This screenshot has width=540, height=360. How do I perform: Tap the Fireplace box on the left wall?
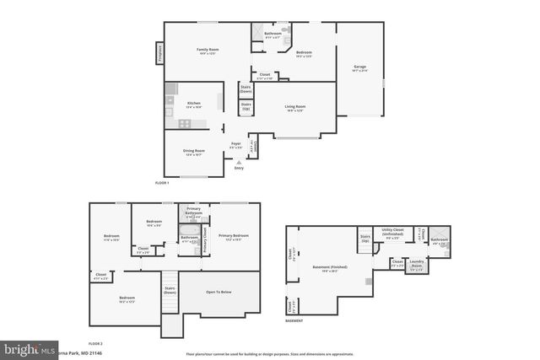point(158,55)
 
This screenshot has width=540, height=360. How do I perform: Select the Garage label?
point(359,67)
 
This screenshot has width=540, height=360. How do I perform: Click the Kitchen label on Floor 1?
point(182,105)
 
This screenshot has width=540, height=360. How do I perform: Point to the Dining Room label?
point(194,153)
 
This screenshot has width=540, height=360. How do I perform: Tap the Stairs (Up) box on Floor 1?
point(246,109)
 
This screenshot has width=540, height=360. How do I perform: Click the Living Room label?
point(294,108)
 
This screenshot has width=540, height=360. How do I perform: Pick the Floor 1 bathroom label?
point(273,35)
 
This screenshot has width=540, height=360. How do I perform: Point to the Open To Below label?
point(219,293)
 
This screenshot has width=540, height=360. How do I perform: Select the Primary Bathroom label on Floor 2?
point(193,212)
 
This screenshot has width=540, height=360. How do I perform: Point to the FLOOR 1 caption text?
point(162,182)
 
